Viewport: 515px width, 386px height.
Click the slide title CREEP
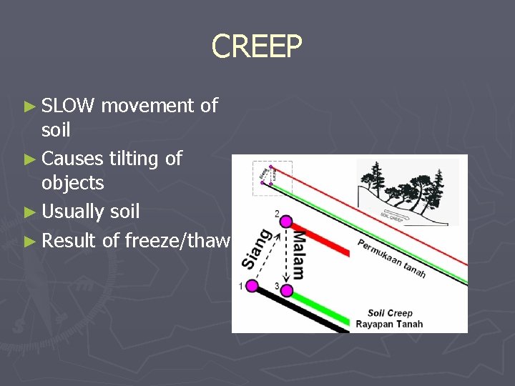point(257,46)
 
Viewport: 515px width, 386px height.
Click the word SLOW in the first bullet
point(68,107)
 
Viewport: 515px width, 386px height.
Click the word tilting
point(136,158)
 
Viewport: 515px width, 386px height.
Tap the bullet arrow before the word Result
point(29,241)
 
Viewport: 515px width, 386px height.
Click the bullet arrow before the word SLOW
point(29,107)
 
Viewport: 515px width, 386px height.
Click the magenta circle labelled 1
point(251,286)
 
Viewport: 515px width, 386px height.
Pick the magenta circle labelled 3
point(287,290)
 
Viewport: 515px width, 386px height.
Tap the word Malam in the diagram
point(298,254)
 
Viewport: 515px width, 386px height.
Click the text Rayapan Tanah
point(389,324)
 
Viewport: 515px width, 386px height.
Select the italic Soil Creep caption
point(390,313)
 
